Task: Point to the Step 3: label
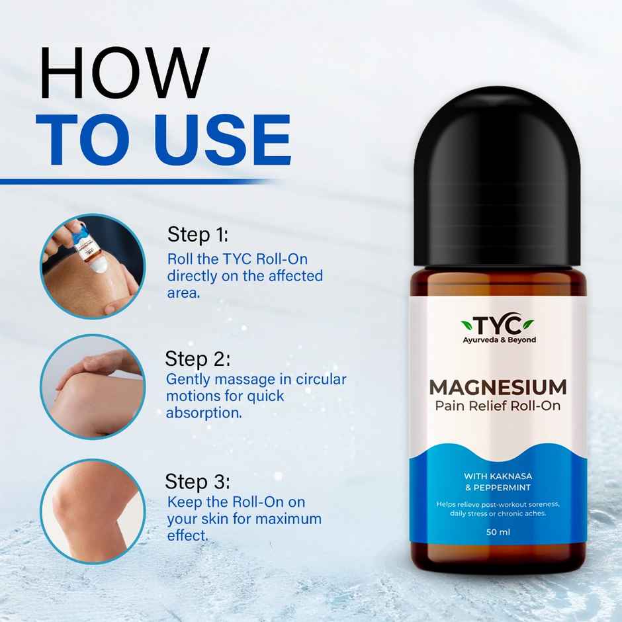pos(197,481)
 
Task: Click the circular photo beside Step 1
pos(91,265)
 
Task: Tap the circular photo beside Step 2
pos(92,386)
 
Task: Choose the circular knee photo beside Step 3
pos(92,511)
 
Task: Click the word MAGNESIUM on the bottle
pos(498,386)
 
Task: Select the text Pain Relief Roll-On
pos(498,405)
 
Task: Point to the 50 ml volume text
pos(498,532)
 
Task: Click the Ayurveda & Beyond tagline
pos(499,340)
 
